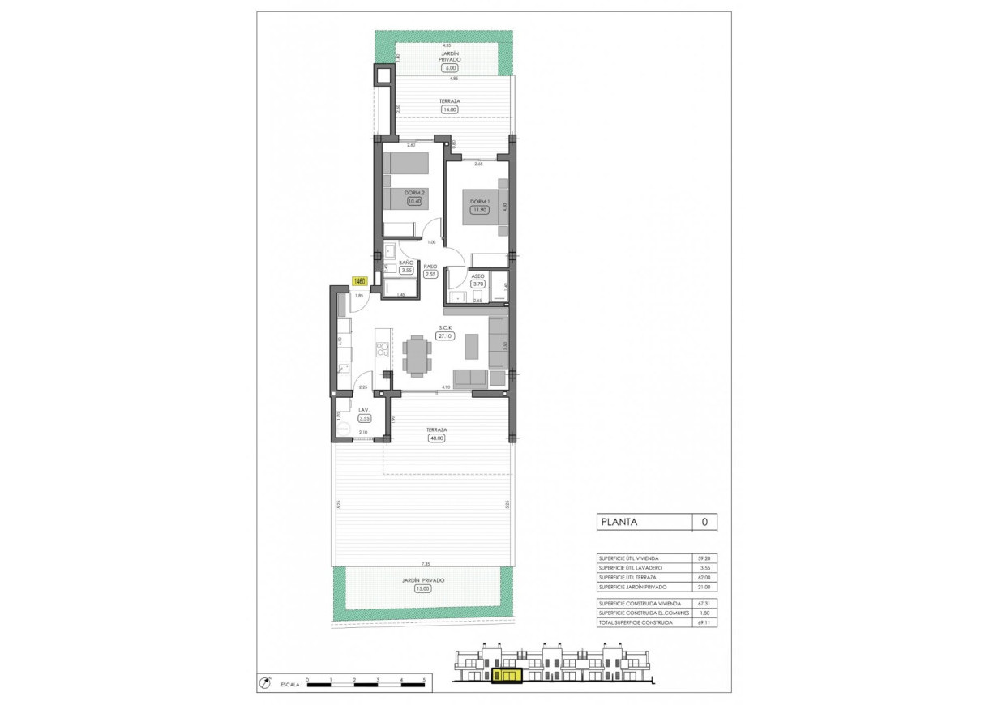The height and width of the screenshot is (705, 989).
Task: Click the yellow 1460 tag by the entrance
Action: pyautogui.click(x=360, y=281)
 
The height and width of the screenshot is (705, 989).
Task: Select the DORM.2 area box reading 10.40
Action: pyautogui.click(x=414, y=201)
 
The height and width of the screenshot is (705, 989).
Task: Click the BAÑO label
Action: pyautogui.click(x=406, y=263)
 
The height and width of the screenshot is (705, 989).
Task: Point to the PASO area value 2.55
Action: pyautogui.click(x=430, y=275)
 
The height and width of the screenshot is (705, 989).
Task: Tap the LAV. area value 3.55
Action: pyautogui.click(x=365, y=419)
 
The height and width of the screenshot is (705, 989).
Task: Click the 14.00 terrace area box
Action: pyautogui.click(x=449, y=109)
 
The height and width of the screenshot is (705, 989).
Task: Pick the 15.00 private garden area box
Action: pyautogui.click(x=422, y=589)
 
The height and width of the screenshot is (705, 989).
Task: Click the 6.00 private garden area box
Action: pyautogui.click(x=450, y=68)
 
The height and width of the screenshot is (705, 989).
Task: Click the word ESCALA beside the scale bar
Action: pyautogui.click(x=291, y=686)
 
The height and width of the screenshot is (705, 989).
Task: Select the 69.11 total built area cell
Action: pyautogui.click(x=704, y=622)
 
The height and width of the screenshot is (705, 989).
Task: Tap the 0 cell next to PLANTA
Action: pyautogui.click(x=704, y=523)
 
